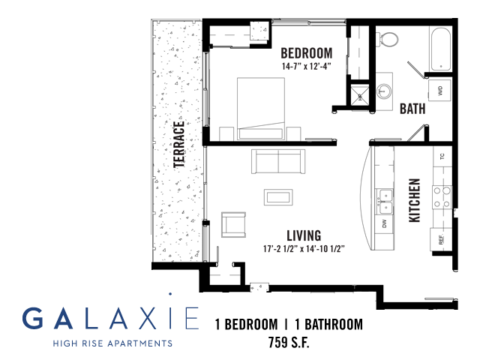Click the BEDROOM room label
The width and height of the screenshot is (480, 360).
(x=307, y=53)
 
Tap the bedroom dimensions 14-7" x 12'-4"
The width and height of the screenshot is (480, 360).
(x=307, y=66)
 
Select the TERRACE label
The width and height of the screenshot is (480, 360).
(x=179, y=145)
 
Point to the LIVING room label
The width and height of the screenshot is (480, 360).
(x=304, y=235)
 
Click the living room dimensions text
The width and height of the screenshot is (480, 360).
(x=304, y=248)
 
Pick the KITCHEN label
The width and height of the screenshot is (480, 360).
(x=415, y=200)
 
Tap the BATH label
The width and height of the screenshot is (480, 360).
(x=412, y=109)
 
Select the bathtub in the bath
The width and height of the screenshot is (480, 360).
(x=441, y=49)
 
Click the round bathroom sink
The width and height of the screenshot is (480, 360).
(x=384, y=91)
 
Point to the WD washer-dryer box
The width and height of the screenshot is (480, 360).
(x=440, y=90)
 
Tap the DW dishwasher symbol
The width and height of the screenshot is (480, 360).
(x=385, y=223)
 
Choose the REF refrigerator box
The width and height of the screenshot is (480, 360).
(x=441, y=239)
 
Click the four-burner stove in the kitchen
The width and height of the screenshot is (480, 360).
(x=442, y=197)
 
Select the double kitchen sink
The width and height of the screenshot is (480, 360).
(x=385, y=202)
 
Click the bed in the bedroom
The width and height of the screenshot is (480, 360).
(x=261, y=109)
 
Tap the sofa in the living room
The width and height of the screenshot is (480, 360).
(x=278, y=161)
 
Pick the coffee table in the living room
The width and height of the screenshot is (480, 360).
(x=278, y=197)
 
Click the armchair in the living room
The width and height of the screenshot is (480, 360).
(x=233, y=224)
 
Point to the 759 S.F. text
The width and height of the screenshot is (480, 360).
(x=289, y=342)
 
